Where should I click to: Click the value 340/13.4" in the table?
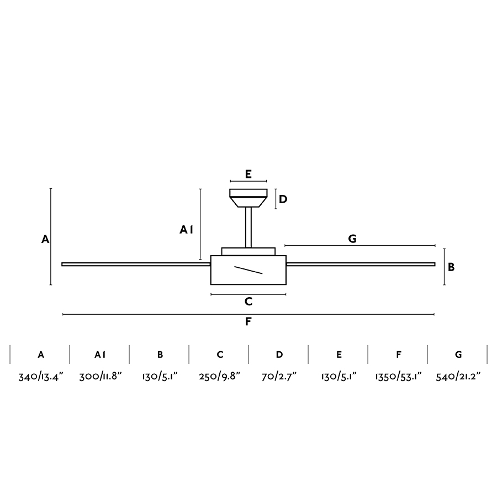(x=41, y=377)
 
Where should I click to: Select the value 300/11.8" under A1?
(x=101, y=377)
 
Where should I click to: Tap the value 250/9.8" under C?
(x=220, y=377)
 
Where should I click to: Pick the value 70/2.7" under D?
(x=279, y=377)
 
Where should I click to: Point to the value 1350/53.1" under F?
(x=398, y=377)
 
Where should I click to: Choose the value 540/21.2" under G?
(x=458, y=377)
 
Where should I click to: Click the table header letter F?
(x=399, y=355)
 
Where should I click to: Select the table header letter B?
(x=160, y=355)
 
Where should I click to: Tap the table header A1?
(x=100, y=355)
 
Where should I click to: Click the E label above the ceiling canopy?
(x=248, y=174)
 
